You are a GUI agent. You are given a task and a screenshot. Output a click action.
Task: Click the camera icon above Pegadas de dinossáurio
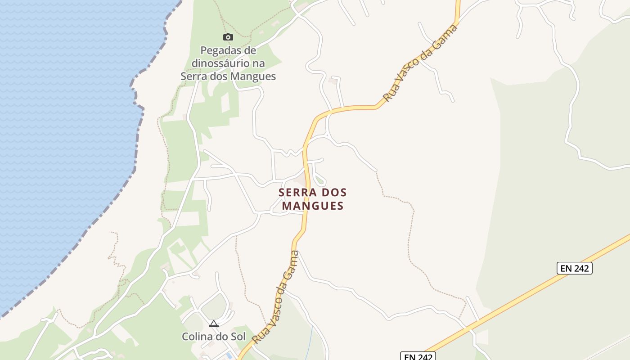pos(228,37)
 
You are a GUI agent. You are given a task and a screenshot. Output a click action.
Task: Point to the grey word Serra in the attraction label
pos(193,76)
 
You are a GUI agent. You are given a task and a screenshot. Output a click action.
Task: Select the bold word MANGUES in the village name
pos(313,206)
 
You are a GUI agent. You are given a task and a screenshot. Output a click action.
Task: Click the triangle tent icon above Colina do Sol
pos(213,324)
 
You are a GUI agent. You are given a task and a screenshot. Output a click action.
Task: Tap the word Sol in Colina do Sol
pos(239,337)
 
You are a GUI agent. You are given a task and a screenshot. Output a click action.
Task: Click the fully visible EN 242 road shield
pos(575,268)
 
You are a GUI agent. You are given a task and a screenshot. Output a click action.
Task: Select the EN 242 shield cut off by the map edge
pos(418,356)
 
